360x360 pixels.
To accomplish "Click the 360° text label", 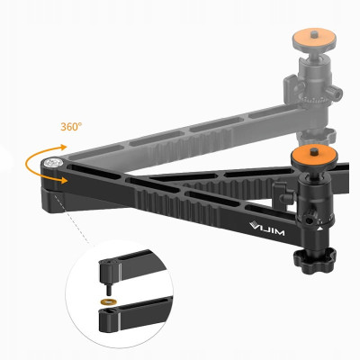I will pos(72,127).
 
